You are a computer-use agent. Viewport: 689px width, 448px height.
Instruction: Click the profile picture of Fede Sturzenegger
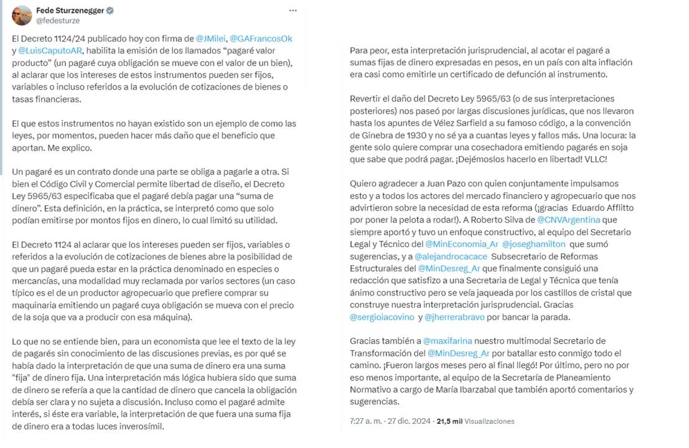pyautogui.click(x=22, y=15)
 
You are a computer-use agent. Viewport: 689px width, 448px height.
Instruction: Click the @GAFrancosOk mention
pyautogui.click(x=261, y=39)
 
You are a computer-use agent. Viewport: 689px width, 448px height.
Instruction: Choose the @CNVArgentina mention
pyautogui.click(x=568, y=220)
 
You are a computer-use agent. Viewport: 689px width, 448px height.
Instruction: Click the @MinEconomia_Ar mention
pyautogui.click(x=461, y=244)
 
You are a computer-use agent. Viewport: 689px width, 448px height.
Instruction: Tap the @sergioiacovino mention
pyautogui.click(x=382, y=317)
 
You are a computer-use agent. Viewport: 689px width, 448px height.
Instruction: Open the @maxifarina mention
pyautogui.click(x=448, y=341)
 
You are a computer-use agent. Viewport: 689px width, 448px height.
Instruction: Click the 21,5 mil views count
pyautogui.click(x=449, y=421)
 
